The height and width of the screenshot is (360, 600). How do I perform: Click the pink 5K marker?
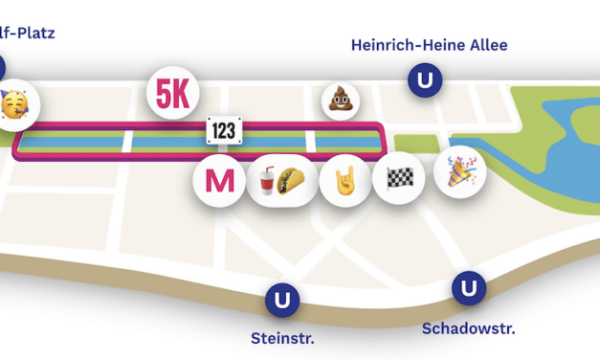point(173,93)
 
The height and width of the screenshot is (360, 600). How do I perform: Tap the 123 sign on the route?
point(223,131)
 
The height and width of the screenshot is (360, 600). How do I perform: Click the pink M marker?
point(219,179)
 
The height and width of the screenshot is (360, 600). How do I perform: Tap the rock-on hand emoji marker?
point(344,179)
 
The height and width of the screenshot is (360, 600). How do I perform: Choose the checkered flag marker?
point(398,178)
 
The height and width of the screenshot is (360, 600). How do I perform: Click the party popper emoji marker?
point(459,172)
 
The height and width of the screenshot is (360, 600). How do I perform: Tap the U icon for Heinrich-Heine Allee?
point(423,79)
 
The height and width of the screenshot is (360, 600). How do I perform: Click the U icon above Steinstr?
point(281,301)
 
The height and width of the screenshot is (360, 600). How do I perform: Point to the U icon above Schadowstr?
point(468,288)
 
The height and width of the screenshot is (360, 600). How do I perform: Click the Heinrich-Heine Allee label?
point(429,45)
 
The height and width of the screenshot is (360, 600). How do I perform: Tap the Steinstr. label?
point(282,338)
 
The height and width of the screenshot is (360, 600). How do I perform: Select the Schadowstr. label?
point(468,328)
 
